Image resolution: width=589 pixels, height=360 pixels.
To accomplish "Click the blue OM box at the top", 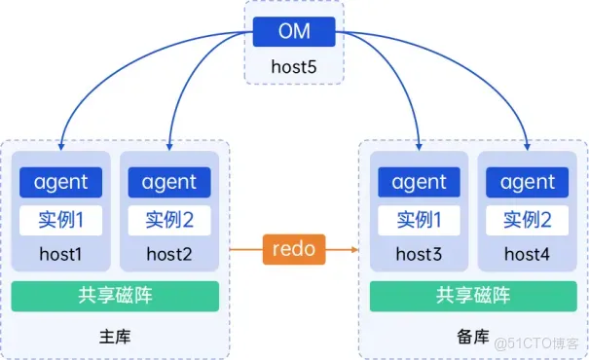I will pyautogui.click(x=294, y=31).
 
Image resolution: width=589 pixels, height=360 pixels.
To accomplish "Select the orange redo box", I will pyautogui.click(x=294, y=249).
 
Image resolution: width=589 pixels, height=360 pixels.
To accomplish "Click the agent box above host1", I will pyautogui.click(x=60, y=182).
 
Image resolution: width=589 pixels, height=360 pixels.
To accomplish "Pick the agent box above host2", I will pyautogui.click(x=168, y=182).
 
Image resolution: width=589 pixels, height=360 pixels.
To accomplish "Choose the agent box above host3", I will pyautogui.click(x=419, y=182).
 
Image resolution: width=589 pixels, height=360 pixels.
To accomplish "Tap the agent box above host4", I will pyautogui.click(x=527, y=182).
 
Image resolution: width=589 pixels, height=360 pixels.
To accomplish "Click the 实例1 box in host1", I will pyautogui.click(x=60, y=220).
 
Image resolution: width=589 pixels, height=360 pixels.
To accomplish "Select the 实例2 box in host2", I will pyautogui.click(x=168, y=220).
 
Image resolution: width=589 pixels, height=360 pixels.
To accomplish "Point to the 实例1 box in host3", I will pyautogui.click(x=419, y=220).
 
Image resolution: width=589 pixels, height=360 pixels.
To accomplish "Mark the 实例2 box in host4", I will pyautogui.click(x=527, y=220).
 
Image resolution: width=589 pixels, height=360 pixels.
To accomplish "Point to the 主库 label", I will pyautogui.click(x=115, y=338).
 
